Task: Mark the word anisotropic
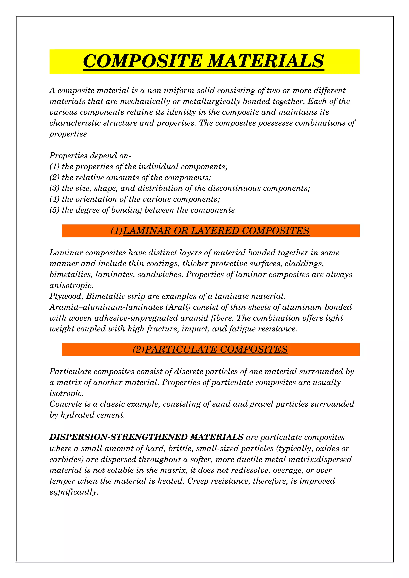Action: coord(71,285)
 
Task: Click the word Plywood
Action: coord(66,296)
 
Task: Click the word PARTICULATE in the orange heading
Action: coord(181,349)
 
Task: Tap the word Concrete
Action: coord(66,404)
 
